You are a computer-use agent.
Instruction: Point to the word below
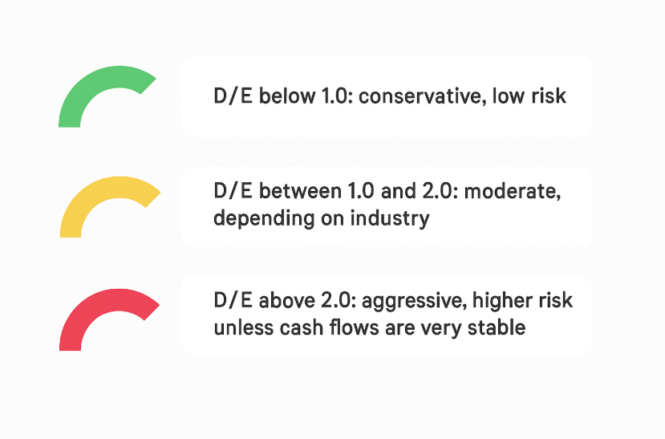click(x=287, y=96)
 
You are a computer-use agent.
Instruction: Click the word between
click(x=300, y=191)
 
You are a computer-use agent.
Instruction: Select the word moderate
click(x=513, y=192)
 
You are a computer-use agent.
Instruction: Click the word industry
click(x=390, y=219)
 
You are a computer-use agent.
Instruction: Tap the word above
click(x=286, y=301)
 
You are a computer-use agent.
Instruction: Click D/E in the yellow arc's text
click(x=233, y=191)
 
